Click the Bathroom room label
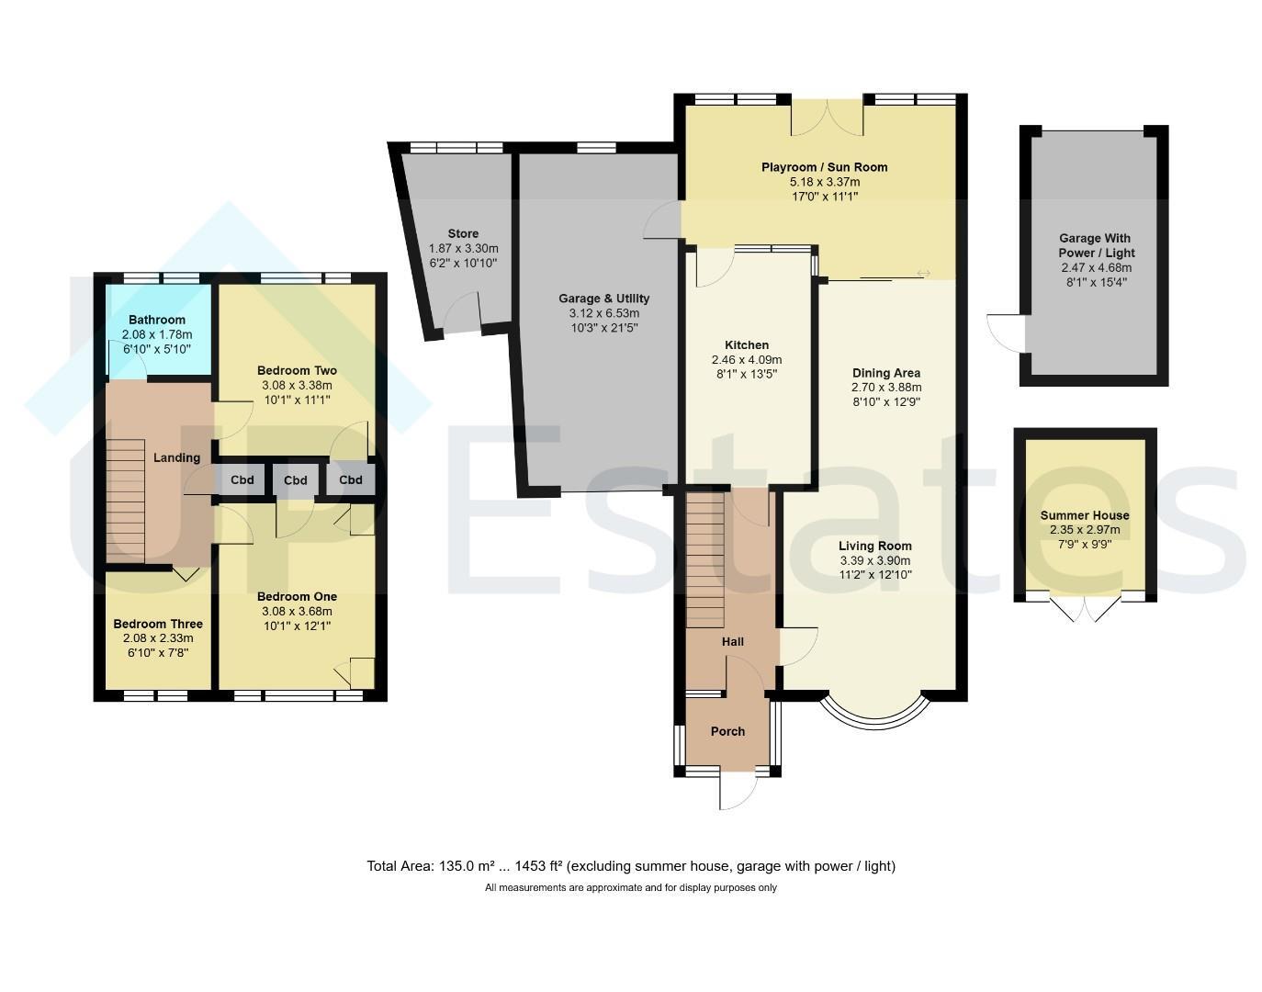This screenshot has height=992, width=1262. [x=157, y=320]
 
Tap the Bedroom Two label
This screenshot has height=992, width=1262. [x=297, y=370]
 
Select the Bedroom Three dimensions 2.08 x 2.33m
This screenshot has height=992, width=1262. [x=158, y=638]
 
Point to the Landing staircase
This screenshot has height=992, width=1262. [x=126, y=501]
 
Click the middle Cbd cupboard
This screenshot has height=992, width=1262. [x=295, y=480]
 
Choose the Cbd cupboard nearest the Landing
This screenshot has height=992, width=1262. [x=242, y=479]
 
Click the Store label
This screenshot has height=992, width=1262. [x=463, y=233]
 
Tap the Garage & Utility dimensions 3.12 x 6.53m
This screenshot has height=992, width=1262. [x=604, y=313]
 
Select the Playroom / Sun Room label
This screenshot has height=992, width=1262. [x=824, y=167]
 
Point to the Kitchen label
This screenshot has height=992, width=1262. [x=747, y=345]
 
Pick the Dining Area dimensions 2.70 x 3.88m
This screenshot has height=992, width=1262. [x=886, y=388]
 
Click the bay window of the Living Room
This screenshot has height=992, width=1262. [x=874, y=725]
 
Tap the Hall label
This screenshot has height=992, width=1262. [x=732, y=642]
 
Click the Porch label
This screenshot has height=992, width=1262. [x=727, y=731]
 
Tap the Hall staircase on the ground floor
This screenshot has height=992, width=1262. [x=705, y=560]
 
